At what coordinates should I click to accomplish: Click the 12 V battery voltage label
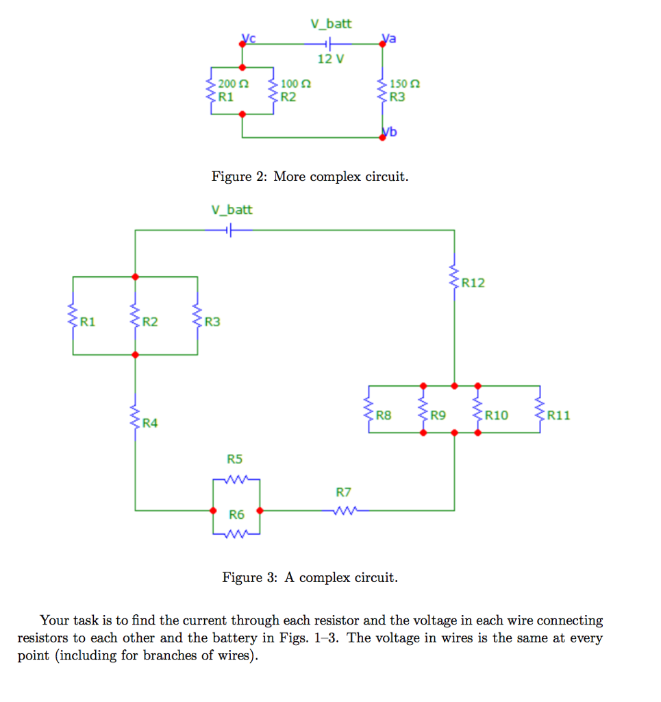click(x=330, y=59)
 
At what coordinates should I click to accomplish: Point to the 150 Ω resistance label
click(x=403, y=84)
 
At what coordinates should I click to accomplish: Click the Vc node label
click(x=248, y=38)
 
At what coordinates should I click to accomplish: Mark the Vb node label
click(x=390, y=132)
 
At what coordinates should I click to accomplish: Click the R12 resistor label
click(x=473, y=282)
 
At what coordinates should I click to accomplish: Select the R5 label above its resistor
click(x=235, y=459)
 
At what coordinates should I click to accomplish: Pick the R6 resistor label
click(x=236, y=514)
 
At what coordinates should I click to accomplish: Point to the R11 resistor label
click(x=558, y=415)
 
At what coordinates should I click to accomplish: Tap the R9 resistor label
click(x=438, y=415)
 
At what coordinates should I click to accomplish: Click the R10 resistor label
click(x=497, y=415)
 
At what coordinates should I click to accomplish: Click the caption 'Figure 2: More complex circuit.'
click(x=310, y=177)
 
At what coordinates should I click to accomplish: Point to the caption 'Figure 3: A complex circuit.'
click(x=310, y=577)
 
